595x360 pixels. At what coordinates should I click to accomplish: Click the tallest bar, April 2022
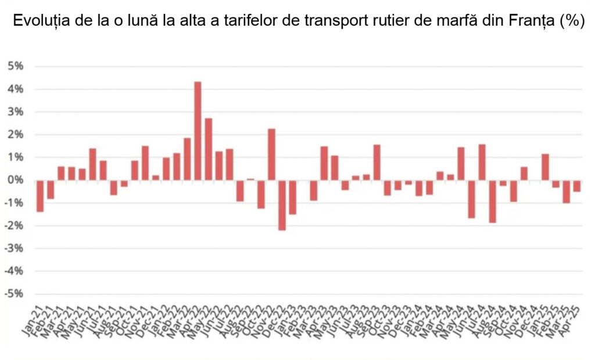[x=198, y=131]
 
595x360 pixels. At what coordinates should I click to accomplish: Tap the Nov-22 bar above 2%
[x=271, y=154]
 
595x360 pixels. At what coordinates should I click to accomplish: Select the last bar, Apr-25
[x=576, y=186]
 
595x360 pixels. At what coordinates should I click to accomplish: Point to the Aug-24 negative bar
[x=492, y=201]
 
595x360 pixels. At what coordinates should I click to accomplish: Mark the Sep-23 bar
[x=377, y=162]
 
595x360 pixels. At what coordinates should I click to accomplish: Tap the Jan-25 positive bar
[x=545, y=167]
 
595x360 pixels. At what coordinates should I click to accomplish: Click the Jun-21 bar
[x=92, y=164]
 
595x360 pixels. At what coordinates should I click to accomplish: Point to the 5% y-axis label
[x=16, y=66]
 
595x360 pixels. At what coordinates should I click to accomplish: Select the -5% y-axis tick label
[x=15, y=294]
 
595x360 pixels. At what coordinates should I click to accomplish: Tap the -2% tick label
[x=15, y=225]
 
